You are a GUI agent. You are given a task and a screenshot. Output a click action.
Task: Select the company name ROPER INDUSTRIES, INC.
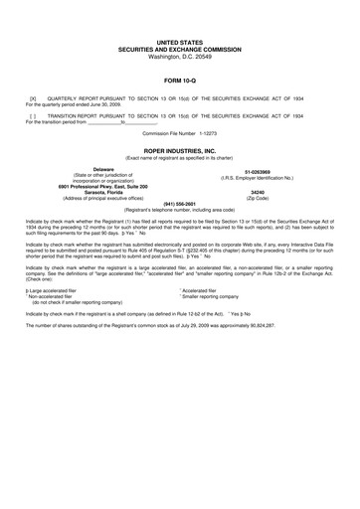pos(179,151)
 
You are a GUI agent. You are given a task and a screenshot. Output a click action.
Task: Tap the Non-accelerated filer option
pos(60,295)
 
